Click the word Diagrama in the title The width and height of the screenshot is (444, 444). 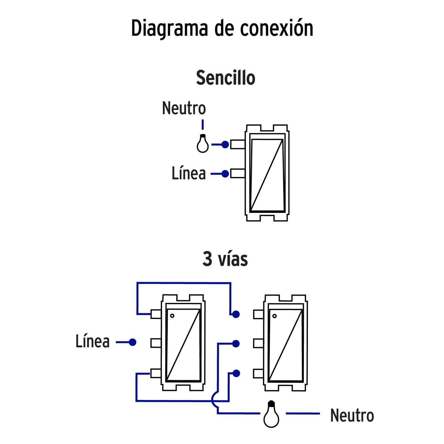(169, 29)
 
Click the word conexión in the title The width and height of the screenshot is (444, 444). (277, 28)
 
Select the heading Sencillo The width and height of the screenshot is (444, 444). (226, 78)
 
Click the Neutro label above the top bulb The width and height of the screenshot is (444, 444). (184, 108)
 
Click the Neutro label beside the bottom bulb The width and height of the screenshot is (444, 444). (352, 415)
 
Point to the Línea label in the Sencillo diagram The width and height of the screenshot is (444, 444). (189, 173)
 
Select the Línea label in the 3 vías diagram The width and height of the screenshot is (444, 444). (92, 341)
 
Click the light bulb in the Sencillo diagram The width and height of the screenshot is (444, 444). (202, 144)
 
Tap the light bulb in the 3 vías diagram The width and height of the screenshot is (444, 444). (271, 415)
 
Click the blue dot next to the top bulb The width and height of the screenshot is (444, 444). (225, 144)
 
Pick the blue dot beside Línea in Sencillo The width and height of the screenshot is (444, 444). (225, 174)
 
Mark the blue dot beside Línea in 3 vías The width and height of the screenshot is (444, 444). (132, 342)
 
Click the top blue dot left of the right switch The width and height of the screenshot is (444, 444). (236, 314)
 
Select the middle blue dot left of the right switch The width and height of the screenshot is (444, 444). (236, 344)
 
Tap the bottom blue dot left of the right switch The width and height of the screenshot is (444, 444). (236, 373)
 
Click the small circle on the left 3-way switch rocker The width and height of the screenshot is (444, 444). (172, 316)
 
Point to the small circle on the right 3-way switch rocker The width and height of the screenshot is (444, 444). (274, 316)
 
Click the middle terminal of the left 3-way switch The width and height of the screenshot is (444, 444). (156, 343)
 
